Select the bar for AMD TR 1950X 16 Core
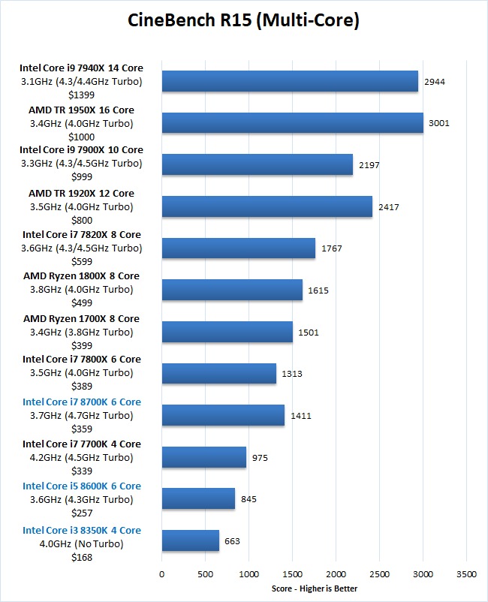coord(292,122)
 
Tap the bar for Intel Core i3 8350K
coord(190,540)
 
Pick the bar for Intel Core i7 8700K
coord(223,415)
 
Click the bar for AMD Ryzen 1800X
coord(231,290)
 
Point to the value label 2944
coord(435,81)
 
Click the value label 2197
coord(369,164)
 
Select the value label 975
coord(261,457)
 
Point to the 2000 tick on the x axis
coord(336,574)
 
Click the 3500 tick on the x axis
coord(466,574)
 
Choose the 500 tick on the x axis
coord(205,574)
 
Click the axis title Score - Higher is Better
coord(315,588)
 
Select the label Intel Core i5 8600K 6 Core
coord(82,486)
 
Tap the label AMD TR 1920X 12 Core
coord(82,193)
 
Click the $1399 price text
coord(82,95)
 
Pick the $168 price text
coord(82,557)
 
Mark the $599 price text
coord(82,261)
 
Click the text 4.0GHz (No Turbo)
coord(82,543)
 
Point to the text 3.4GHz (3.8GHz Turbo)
coord(82,332)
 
